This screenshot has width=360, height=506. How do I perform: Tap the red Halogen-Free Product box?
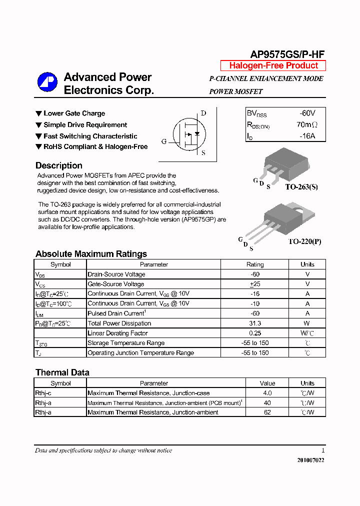(273, 66)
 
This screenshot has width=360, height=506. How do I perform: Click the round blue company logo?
(47, 82)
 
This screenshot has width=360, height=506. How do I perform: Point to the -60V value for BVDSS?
(307, 113)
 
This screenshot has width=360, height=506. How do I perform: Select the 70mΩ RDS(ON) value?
(307, 124)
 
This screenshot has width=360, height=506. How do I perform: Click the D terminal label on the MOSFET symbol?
(203, 113)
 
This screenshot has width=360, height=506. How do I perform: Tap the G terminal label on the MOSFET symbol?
(163, 141)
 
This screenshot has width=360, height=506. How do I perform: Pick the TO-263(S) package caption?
(301, 187)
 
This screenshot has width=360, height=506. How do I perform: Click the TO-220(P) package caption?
(304, 241)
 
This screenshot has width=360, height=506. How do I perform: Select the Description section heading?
(58, 165)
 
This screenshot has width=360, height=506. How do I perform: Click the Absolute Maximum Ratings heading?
(91, 254)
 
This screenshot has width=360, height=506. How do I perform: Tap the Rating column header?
(255, 264)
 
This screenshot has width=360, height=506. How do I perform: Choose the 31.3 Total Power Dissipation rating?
(255, 323)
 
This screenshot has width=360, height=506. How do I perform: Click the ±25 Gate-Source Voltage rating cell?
(255, 284)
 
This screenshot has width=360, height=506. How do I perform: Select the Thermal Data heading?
(62, 372)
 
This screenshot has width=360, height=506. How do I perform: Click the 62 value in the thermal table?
(267, 412)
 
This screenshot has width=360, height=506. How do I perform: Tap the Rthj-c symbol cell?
(43, 393)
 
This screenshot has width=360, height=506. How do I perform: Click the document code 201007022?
(307, 460)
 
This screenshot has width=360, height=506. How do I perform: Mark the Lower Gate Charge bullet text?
(74, 113)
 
